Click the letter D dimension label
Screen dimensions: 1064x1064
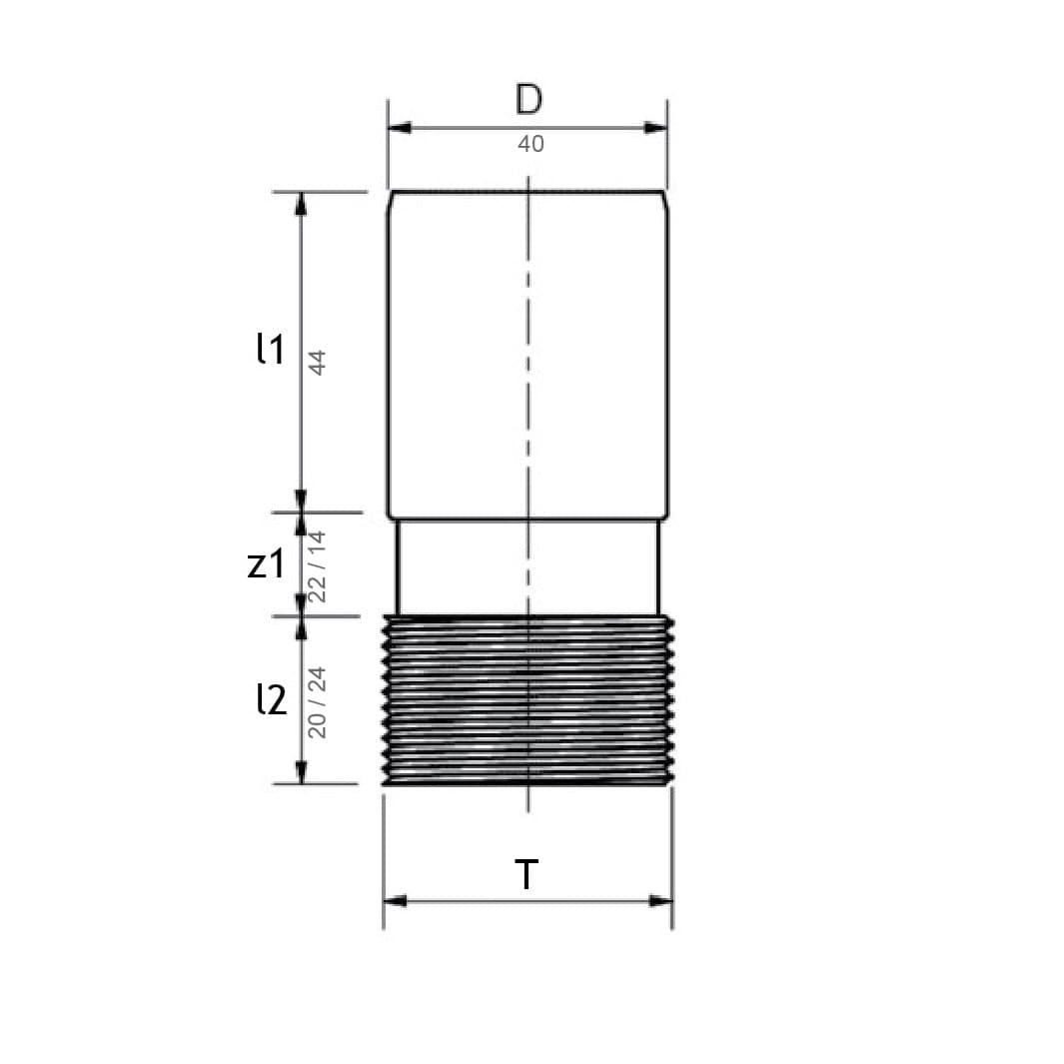(x=529, y=99)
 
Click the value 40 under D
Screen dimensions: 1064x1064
(x=531, y=144)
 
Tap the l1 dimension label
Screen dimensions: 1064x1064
(x=271, y=349)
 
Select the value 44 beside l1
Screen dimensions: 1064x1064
(x=318, y=363)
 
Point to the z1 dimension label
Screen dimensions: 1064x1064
(x=266, y=563)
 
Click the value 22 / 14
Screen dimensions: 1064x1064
(x=318, y=566)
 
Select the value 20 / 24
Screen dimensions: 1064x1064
(x=318, y=702)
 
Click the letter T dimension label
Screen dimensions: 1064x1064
(x=527, y=874)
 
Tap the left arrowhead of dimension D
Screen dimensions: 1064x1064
(x=400, y=128)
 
